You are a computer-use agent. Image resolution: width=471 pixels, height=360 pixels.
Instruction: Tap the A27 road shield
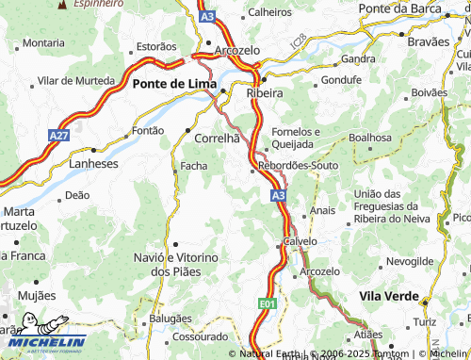[x=58, y=137]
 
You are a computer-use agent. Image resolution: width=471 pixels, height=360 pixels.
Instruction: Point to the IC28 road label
[x=299, y=41]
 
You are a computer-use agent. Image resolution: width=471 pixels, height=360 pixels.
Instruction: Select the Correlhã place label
[x=217, y=139]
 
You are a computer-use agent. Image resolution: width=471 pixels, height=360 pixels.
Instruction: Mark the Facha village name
[x=193, y=167]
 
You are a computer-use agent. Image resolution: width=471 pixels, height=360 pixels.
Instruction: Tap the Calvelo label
[x=300, y=241]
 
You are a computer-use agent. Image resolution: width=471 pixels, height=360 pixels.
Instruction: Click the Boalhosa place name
[x=369, y=138]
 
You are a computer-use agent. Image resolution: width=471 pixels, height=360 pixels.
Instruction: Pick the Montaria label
[x=43, y=43]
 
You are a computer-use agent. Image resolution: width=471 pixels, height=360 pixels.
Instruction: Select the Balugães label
[x=171, y=319]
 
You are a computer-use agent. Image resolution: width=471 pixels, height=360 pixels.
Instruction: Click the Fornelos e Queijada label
[x=296, y=138]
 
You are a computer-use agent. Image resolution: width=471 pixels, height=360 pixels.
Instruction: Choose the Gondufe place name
[x=341, y=80]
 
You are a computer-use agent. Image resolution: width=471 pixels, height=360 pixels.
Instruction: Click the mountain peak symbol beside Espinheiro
[x=63, y=4]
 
